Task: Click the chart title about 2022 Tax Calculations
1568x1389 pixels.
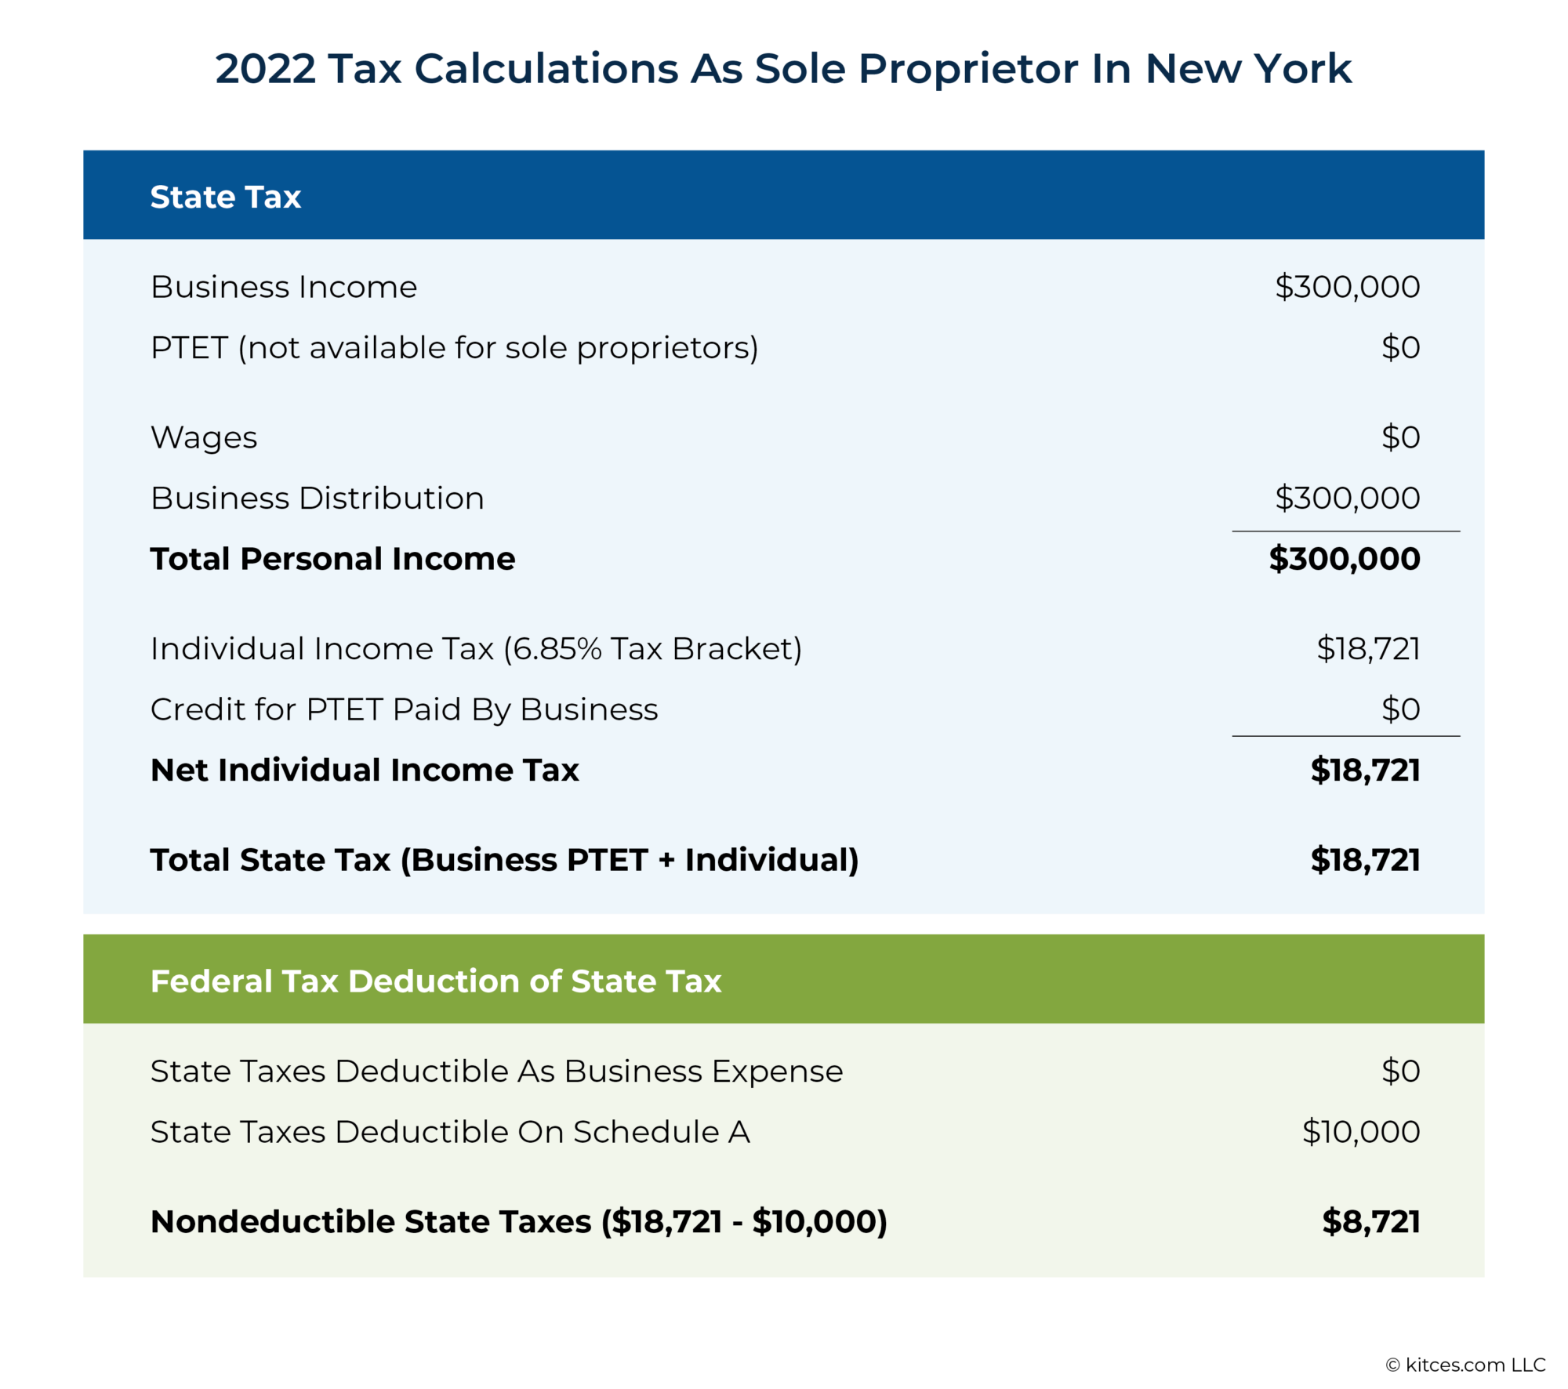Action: click(783, 69)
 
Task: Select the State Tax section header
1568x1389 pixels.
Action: click(226, 197)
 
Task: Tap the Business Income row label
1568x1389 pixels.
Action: click(284, 287)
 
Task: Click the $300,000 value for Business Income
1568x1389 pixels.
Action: click(1347, 287)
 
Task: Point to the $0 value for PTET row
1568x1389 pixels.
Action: click(1400, 347)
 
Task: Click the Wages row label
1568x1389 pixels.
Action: click(204, 437)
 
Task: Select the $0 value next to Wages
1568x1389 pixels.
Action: click(1400, 437)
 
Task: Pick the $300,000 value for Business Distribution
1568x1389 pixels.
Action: click(1347, 498)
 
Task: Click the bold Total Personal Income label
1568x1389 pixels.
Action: click(332, 559)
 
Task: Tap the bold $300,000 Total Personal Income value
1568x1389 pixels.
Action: click(1345, 559)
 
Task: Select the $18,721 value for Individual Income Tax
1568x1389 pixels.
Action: click(1368, 649)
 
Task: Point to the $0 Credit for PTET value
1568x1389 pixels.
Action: click(1400, 709)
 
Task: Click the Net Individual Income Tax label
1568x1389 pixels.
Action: click(365, 770)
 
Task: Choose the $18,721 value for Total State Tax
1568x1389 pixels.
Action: click(1365, 860)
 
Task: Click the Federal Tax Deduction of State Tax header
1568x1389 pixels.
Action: click(436, 981)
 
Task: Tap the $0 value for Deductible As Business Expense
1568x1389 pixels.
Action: click(1400, 1071)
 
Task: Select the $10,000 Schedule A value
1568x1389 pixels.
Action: click(1361, 1132)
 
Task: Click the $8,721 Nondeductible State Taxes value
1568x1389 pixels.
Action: click(1370, 1222)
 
